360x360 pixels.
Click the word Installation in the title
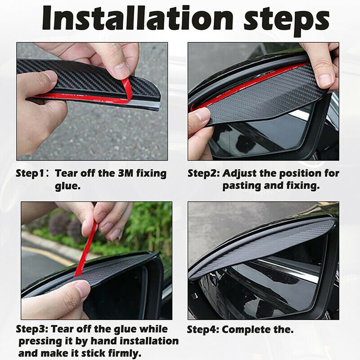click(x=137, y=18)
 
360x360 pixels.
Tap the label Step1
click(x=30, y=174)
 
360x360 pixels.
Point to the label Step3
click(x=31, y=329)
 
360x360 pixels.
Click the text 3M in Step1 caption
click(x=126, y=173)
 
